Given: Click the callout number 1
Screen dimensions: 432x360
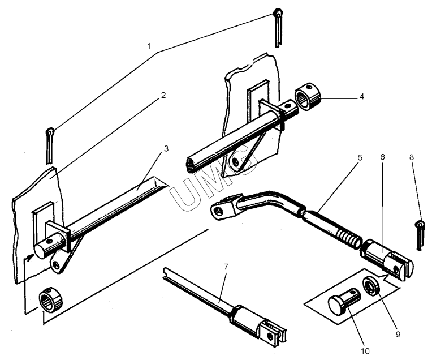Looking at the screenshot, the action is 150,46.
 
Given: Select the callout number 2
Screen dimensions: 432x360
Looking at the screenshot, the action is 163,95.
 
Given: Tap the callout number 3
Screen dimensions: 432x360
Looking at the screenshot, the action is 166,149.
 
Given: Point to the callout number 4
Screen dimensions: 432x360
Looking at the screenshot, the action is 362,97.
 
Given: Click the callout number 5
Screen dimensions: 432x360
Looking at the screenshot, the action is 360,157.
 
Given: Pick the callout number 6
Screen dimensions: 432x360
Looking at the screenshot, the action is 382,157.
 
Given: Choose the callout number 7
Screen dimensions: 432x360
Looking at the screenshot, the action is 226,267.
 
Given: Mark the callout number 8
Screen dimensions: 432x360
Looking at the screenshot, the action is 411,157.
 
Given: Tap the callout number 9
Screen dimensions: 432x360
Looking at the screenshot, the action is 398,334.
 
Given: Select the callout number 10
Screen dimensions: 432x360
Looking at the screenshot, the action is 365,351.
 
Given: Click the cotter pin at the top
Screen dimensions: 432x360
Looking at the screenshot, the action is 278,28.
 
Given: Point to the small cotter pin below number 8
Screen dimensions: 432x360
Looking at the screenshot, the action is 420,235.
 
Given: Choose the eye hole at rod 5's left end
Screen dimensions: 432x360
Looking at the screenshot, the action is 219,211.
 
